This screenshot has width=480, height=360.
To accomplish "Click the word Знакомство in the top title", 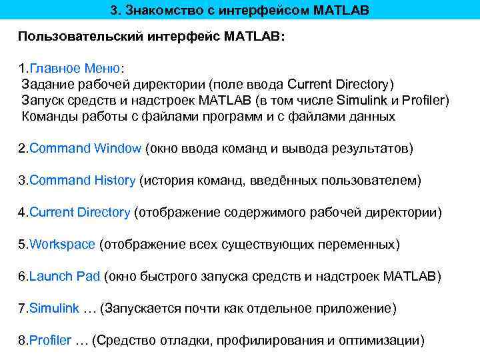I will [158, 11].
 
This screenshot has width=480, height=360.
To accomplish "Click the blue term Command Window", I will [85, 148].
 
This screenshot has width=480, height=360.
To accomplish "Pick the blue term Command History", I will [83, 180].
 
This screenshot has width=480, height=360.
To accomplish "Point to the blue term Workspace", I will [62, 244].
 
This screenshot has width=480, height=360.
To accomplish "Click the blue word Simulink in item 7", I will [54, 308].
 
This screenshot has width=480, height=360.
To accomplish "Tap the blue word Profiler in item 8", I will [50, 340].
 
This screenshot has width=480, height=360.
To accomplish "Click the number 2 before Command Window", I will [21, 148].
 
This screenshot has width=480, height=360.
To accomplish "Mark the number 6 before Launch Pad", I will [21, 276].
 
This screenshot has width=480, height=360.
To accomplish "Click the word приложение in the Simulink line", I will [357, 309].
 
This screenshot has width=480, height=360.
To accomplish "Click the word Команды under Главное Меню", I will [47, 117].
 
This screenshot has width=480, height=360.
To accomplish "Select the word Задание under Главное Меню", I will [46, 85].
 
